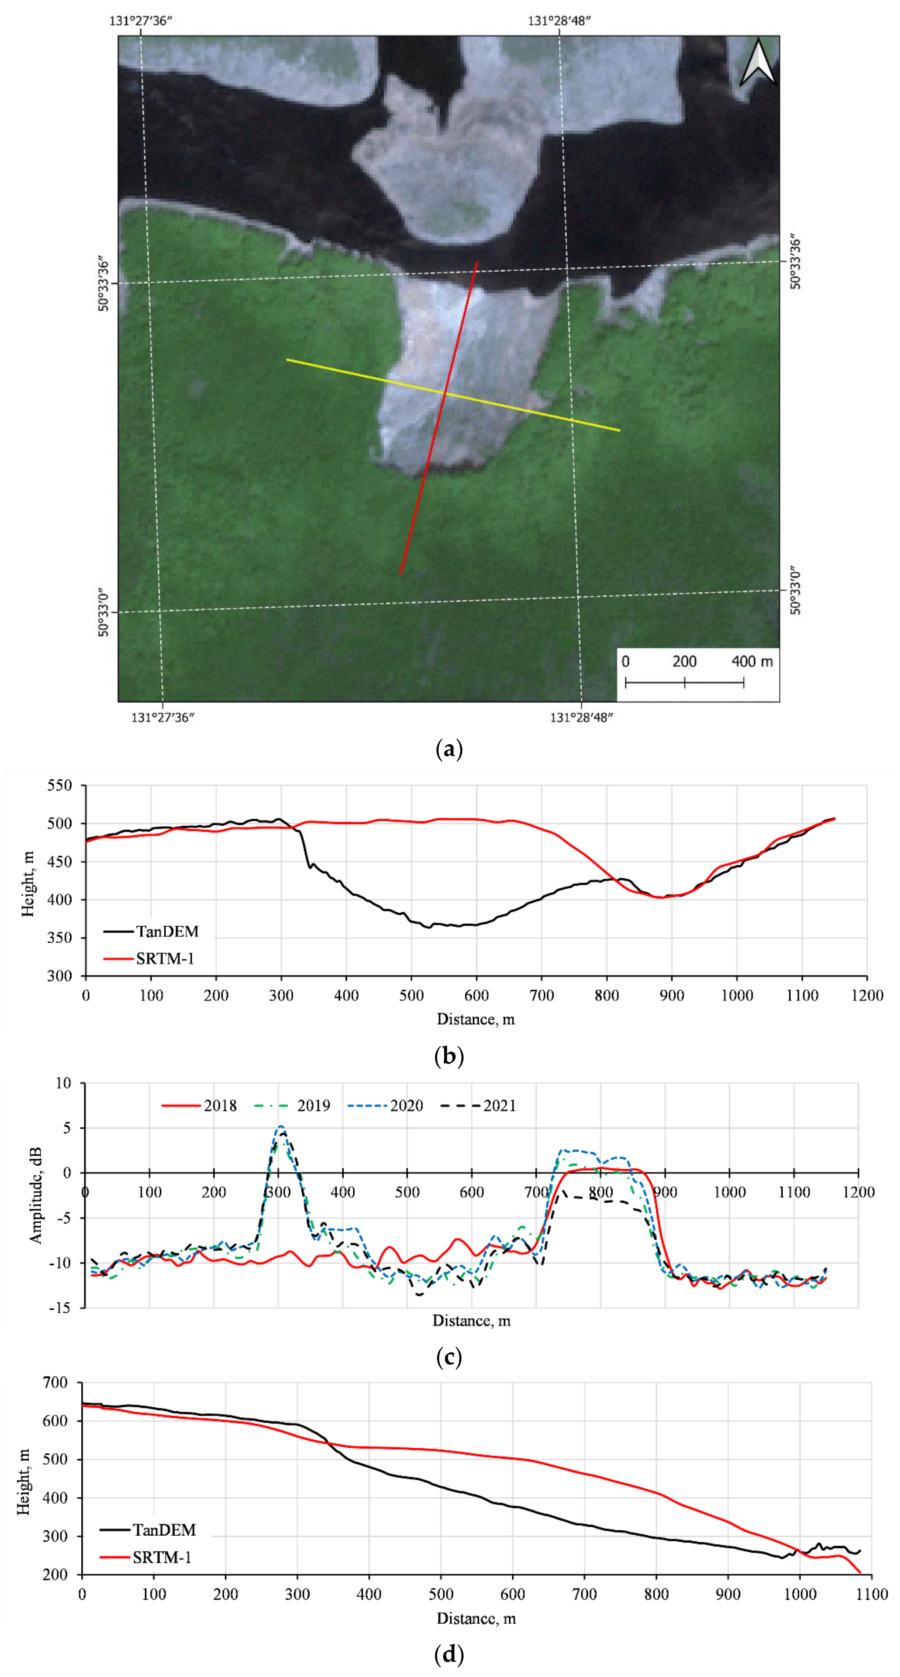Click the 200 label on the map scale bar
pyautogui.click(x=684, y=661)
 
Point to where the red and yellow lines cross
pyautogui.click(x=446, y=393)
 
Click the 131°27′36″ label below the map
pyautogui.click(x=163, y=717)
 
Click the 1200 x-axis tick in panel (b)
pyautogui.click(x=867, y=996)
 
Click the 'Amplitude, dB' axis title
pyautogui.click(x=36, y=1194)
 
